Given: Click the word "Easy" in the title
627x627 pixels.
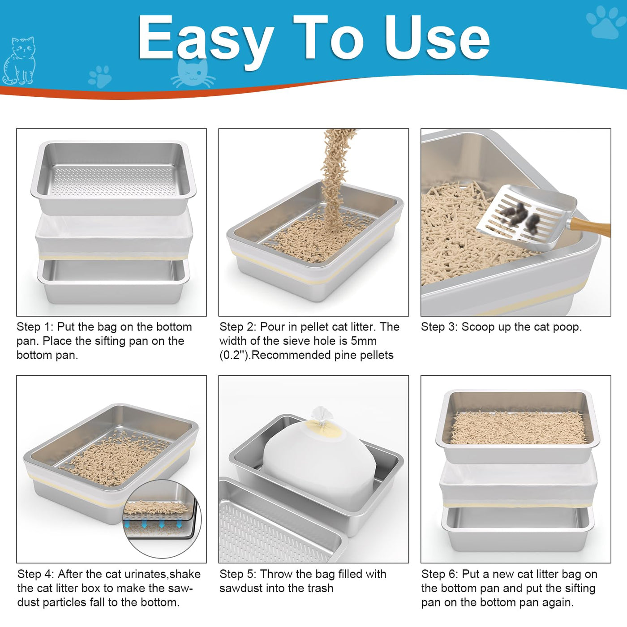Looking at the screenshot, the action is pyautogui.click(x=206, y=41).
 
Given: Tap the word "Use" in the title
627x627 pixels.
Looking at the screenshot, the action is pyautogui.click(x=437, y=38).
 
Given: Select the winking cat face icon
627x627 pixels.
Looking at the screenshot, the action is pyautogui.click(x=193, y=73).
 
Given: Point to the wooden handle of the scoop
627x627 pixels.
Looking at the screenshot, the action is pyautogui.click(x=589, y=227).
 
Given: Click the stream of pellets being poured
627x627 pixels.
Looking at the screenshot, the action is pyautogui.click(x=335, y=176).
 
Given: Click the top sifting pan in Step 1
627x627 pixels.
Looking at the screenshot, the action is pyautogui.click(x=114, y=177).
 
